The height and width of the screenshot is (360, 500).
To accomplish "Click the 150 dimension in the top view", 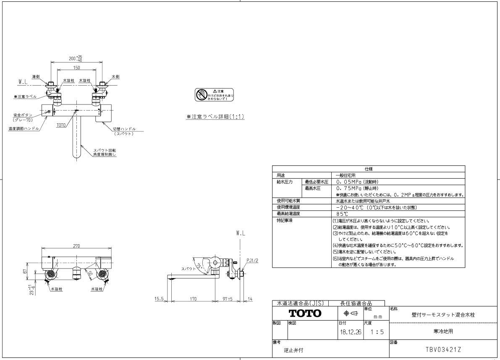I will (x=76, y=68).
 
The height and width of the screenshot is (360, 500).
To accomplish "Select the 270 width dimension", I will (x=77, y=246).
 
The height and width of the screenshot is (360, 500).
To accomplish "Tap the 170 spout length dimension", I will (x=194, y=300).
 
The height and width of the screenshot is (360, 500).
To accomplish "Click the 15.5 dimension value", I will (x=160, y=300).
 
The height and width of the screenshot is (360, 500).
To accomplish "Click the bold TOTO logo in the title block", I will (x=304, y=313).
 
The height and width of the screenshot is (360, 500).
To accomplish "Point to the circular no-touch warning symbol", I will (x=201, y=94).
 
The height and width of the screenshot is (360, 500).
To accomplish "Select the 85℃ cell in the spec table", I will (x=342, y=214).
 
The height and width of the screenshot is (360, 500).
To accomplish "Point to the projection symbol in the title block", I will (x=351, y=313).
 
